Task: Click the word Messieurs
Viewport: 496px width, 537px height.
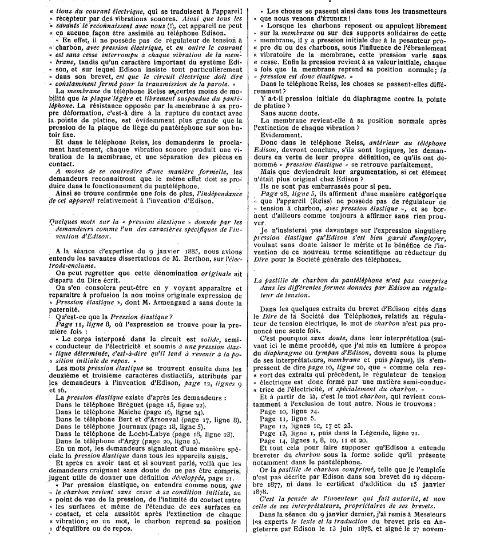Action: [x=459, y=520]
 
